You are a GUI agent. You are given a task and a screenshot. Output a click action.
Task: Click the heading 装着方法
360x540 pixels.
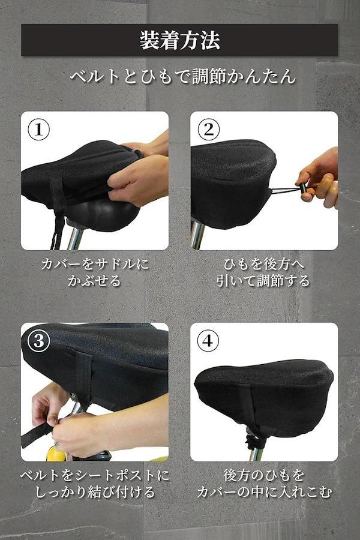pos(179,40)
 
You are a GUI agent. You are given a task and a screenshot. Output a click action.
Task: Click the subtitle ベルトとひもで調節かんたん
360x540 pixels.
pos(183,76)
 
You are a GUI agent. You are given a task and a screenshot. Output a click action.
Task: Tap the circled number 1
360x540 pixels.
pos(38,130)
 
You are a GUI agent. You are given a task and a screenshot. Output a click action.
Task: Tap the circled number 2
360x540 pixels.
pos(208,130)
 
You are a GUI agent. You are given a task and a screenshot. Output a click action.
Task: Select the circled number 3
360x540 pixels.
pos(38,341)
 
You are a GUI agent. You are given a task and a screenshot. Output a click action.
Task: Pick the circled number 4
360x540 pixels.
pos(208,341)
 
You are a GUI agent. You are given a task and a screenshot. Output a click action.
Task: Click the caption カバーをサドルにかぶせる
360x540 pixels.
pos(95,272)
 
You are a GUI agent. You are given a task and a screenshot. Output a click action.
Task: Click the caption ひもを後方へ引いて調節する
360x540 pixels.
pos(263,272)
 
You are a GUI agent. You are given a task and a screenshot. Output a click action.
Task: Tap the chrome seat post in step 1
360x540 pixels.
pos(75,237)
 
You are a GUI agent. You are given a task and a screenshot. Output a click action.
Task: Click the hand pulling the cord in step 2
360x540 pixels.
pos(319,178)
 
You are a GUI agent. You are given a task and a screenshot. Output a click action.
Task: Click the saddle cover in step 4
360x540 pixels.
pos(264,396)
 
